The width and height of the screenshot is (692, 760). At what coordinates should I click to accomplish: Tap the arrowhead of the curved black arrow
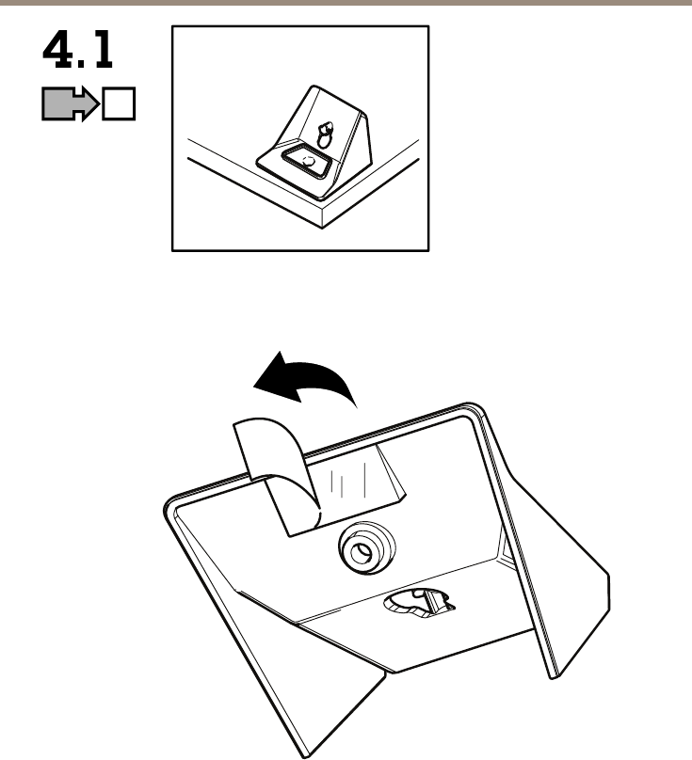(271, 377)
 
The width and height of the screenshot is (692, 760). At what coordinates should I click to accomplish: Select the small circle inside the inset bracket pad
(307, 163)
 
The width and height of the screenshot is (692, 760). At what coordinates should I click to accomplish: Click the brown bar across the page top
(346, 3)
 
